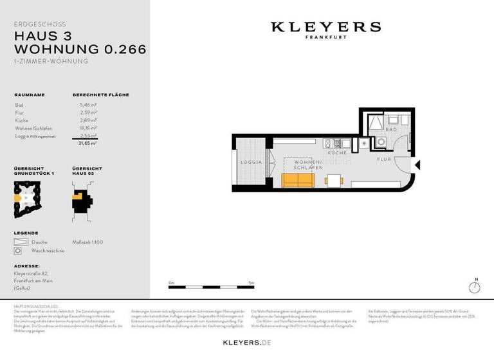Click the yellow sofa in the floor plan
(x=297, y=181)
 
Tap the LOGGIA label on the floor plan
(x=250, y=162)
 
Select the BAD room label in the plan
(x=390, y=129)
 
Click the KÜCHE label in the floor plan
(x=337, y=153)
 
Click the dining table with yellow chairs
(x=333, y=180)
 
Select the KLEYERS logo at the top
(x=325, y=28)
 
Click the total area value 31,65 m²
(x=87, y=144)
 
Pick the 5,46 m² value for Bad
(x=88, y=104)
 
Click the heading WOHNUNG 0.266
(x=80, y=49)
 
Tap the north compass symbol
(x=475, y=287)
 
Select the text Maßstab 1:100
(x=87, y=242)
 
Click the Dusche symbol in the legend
(x=18, y=242)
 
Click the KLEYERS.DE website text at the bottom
(x=247, y=343)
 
